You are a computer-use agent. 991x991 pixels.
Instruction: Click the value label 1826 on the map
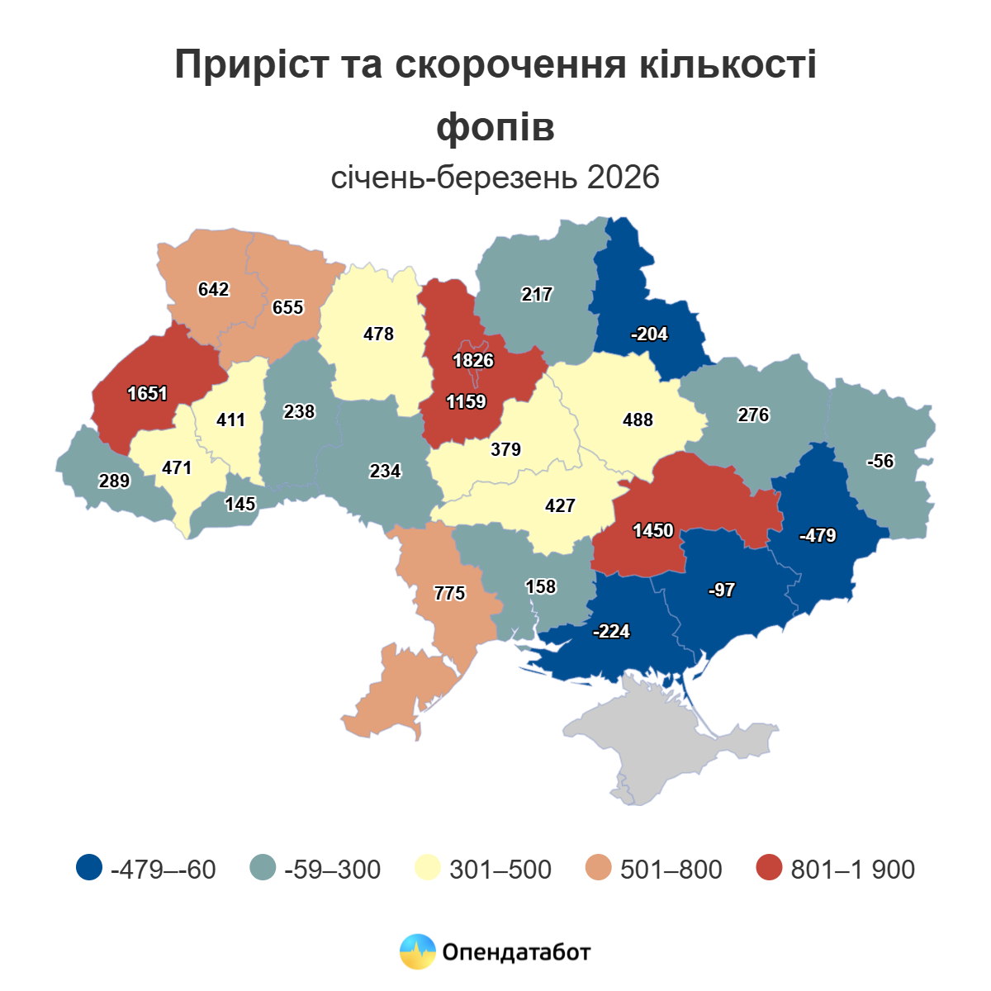click(x=473, y=361)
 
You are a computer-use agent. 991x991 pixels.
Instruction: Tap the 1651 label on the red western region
click(x=148, y=394)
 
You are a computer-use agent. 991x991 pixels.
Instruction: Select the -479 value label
click(x=818, y=536)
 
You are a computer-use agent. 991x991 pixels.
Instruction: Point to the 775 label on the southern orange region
click(x=450, y=594)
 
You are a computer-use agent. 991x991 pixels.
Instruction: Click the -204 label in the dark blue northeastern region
click(x=649, y=334)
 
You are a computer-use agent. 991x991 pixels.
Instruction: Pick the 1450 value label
click(x=653, y=531)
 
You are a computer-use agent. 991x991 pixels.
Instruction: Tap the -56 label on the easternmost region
click(x=880, y=462)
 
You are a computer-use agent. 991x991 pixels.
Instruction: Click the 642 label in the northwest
click(x=214, y=290)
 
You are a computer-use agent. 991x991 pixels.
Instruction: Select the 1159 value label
click(x=467, y=402)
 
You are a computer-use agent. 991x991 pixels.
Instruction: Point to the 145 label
click(x=240, y=505)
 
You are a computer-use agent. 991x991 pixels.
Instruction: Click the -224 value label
click(x=612, y=632)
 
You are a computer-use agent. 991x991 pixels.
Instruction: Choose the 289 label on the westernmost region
click(x=114, y=481)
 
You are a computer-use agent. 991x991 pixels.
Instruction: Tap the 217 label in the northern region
click(x=537, y=295)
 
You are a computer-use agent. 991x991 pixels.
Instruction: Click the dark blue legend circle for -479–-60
click(x=88, y=868)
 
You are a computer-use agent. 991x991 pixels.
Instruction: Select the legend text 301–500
click(x=500, y=870)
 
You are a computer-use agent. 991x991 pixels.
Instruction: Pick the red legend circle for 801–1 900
click(x=769, y=868)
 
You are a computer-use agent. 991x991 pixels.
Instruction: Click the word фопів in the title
click(x=495, y=126)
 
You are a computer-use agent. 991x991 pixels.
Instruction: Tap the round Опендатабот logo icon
click(x=417, y=951)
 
